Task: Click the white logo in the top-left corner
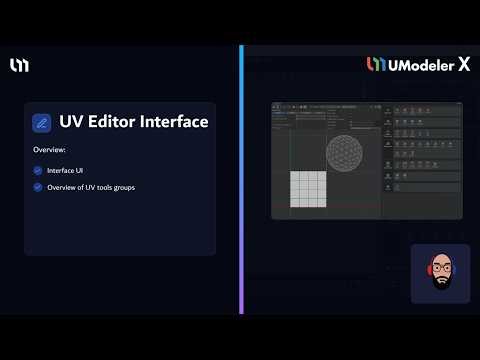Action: pos(20,65)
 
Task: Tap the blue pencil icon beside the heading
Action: pos(42,123)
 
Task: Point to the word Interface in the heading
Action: pos(173,122)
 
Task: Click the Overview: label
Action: pos(49,150)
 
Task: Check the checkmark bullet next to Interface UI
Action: pos(38,170)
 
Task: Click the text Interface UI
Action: pos(65,170)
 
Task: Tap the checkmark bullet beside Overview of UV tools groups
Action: pos(38,187)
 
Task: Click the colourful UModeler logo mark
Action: pos(376,65)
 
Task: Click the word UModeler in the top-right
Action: pos(420,65)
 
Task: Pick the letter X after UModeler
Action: pos(464,65)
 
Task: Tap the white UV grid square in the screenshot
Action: pos(310,190)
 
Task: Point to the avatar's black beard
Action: pos(441,283)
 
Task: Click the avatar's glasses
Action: pos(441,271)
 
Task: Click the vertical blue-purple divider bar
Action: pos(241,180)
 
